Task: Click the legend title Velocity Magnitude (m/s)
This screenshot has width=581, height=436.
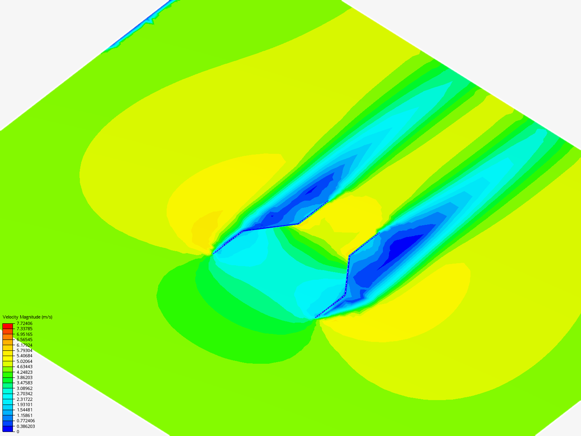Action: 27,317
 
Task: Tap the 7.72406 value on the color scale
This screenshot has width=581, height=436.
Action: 24,323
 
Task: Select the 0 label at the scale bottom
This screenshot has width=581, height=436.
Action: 18,432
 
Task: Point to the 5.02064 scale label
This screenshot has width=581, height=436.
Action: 24,361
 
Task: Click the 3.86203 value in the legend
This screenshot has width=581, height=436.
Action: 24,377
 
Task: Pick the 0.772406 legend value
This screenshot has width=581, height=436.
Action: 26,421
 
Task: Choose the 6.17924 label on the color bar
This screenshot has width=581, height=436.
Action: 24,345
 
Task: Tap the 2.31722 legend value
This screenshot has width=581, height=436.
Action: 24,399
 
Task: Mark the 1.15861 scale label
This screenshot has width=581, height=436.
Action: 24,415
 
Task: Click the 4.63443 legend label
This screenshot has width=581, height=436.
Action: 24,367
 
